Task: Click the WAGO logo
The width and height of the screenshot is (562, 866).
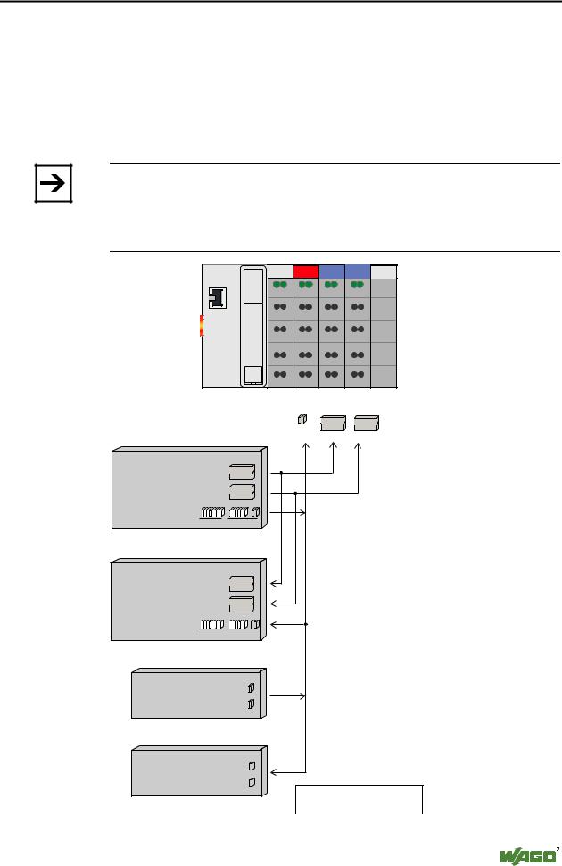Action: (523, 854)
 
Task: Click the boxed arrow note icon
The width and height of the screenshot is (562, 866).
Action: (53, 185)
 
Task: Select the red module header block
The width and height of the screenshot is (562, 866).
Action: (306, 271)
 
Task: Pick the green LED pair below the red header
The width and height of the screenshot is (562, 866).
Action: (306, 285)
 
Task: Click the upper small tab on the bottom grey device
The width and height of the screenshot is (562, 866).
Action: (252, 767)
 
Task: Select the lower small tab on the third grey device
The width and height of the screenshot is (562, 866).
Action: (252, 705)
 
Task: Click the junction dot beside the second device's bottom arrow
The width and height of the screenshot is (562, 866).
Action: (306, 624)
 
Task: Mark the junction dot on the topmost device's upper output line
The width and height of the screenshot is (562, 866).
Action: (282, 473)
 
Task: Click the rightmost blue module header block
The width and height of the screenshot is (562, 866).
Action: (358, 271)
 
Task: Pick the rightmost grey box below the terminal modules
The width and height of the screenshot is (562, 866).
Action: (366, 422)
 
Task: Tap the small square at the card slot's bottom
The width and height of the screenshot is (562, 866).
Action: (253, 375)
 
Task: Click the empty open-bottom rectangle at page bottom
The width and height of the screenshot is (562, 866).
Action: (359, 799)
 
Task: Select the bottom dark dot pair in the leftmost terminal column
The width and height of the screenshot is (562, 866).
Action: (280, 373)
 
